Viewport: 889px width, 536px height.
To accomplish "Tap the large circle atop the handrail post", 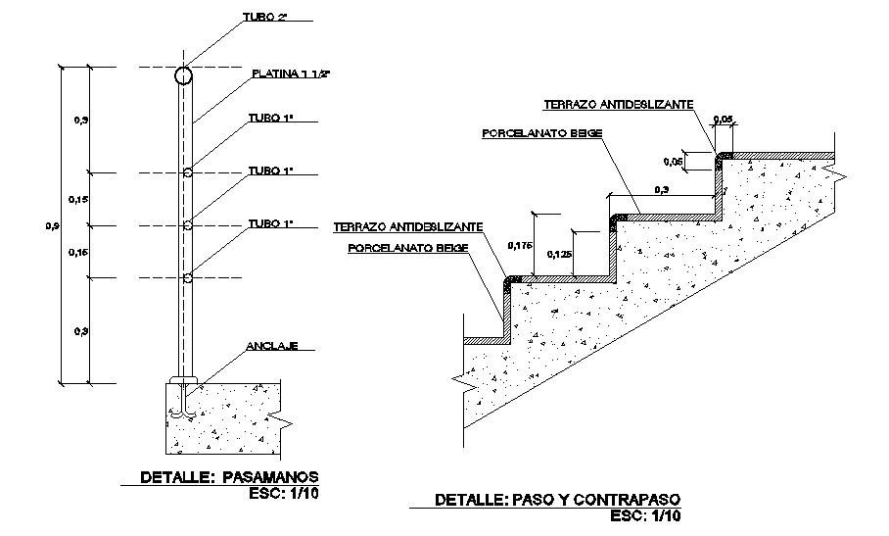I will click(x=184, y=74).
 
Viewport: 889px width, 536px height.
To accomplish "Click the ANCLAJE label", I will click(x=271, y=346).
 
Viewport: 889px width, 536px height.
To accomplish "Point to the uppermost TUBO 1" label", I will click(x=270, y=119).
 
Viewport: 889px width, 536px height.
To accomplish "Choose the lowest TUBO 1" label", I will click(x=270, y=223).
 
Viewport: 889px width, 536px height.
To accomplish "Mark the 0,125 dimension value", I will click(x=559, y=255).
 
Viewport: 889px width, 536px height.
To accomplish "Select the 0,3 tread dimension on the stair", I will click(x=662, y=188).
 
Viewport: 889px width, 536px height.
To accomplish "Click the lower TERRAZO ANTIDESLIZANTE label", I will click(x=407, y=226).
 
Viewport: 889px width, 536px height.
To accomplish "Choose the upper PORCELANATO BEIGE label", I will click(x=540, y=132).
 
